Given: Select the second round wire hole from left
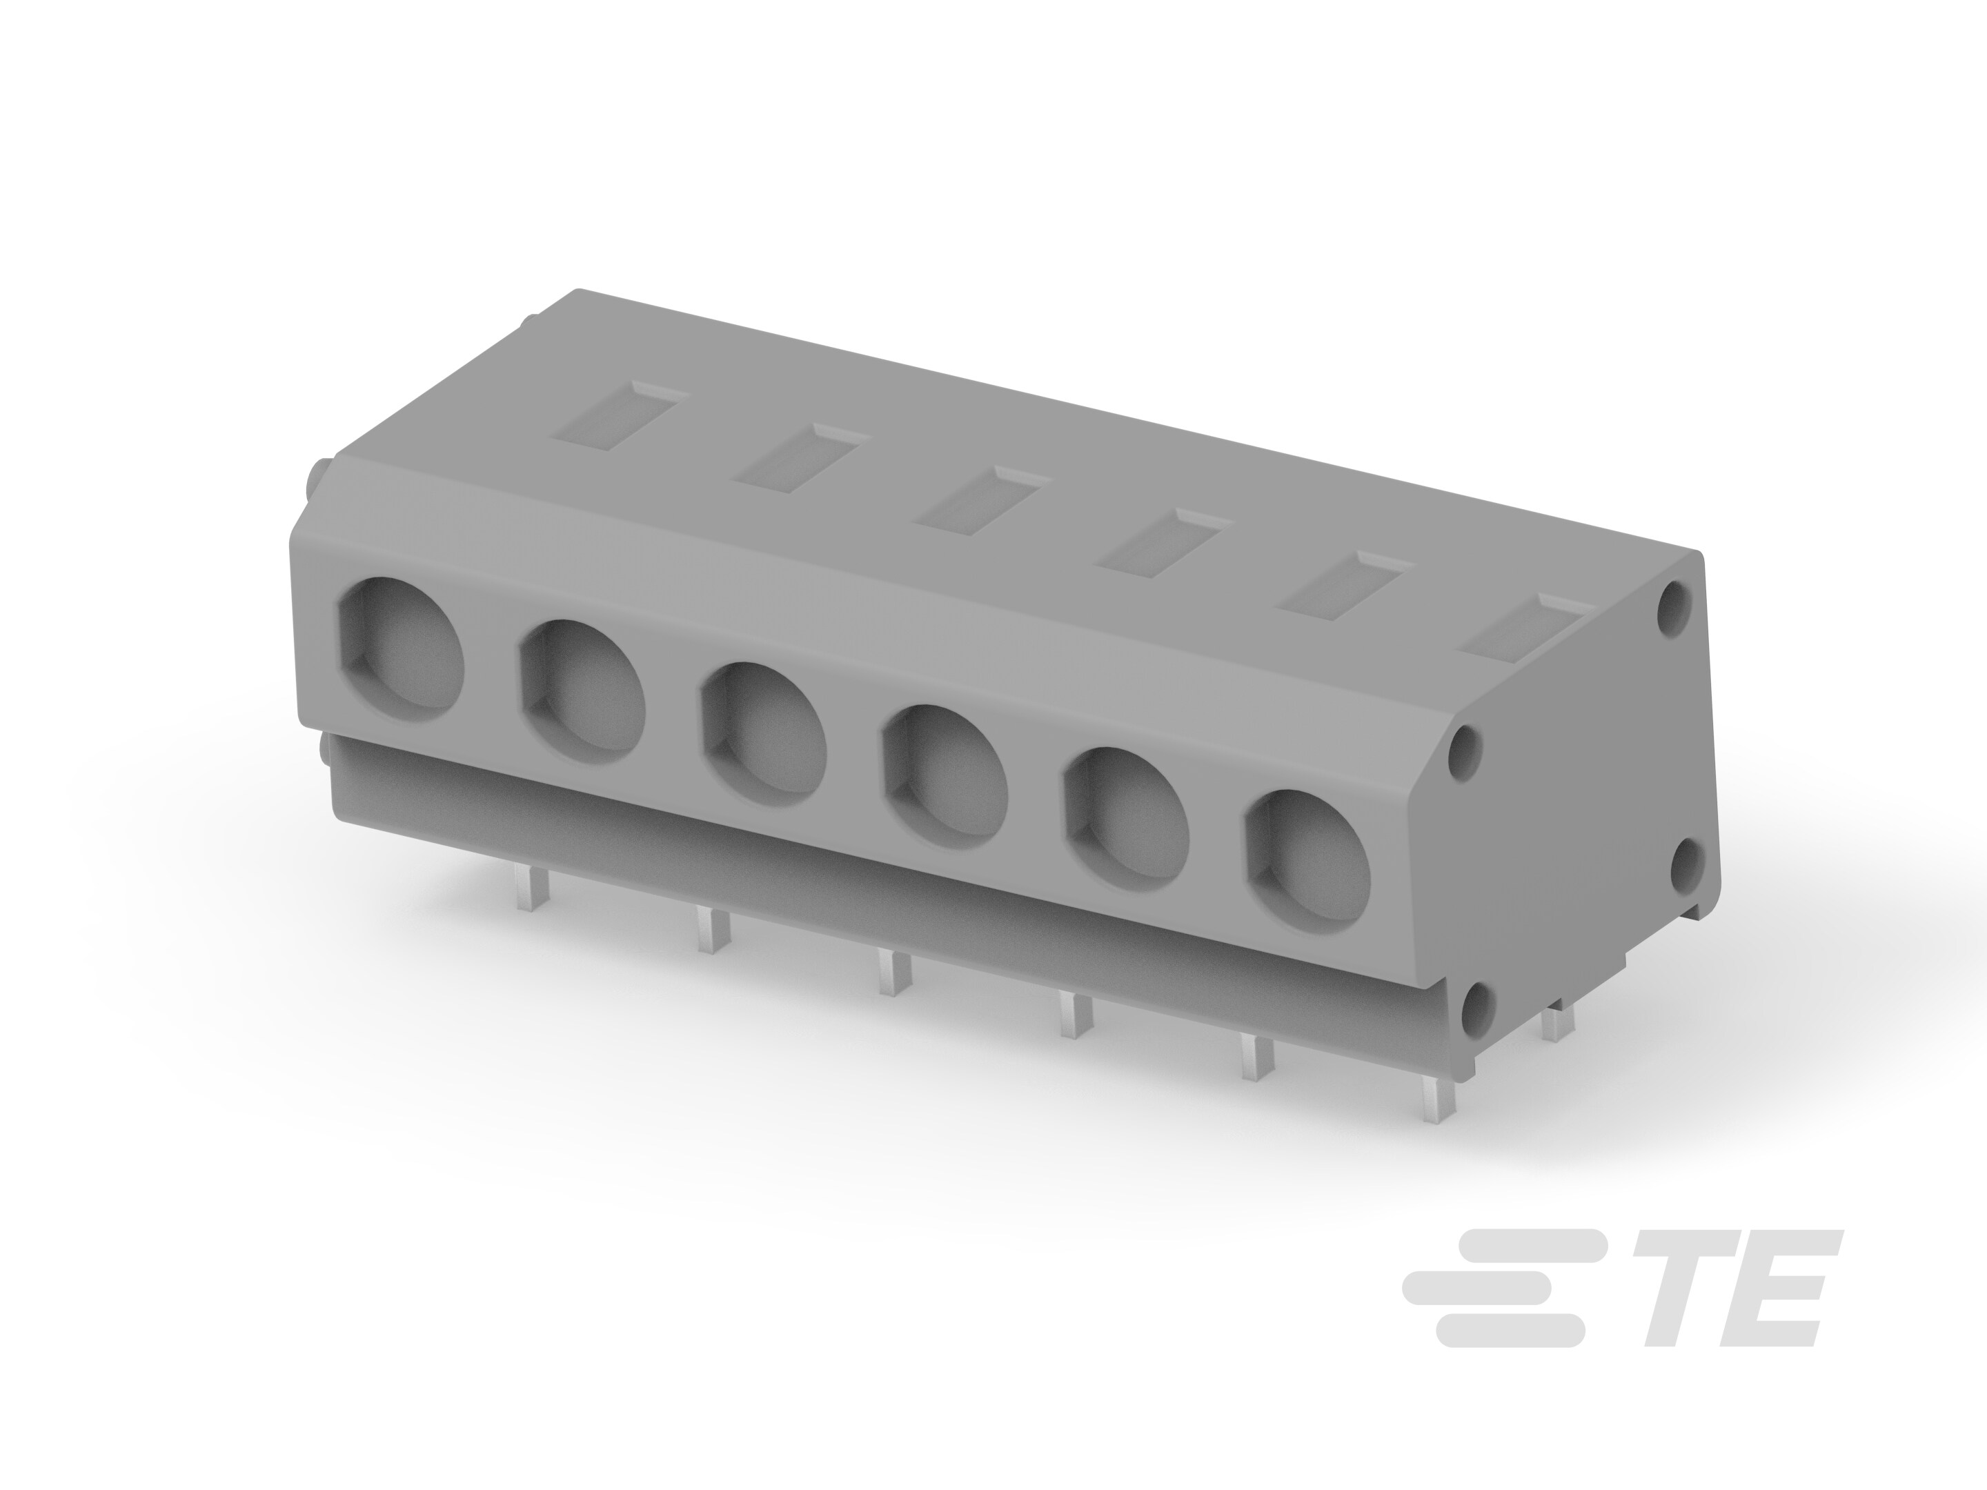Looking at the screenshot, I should pos(583,692).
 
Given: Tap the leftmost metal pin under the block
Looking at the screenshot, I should pos(526,890).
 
